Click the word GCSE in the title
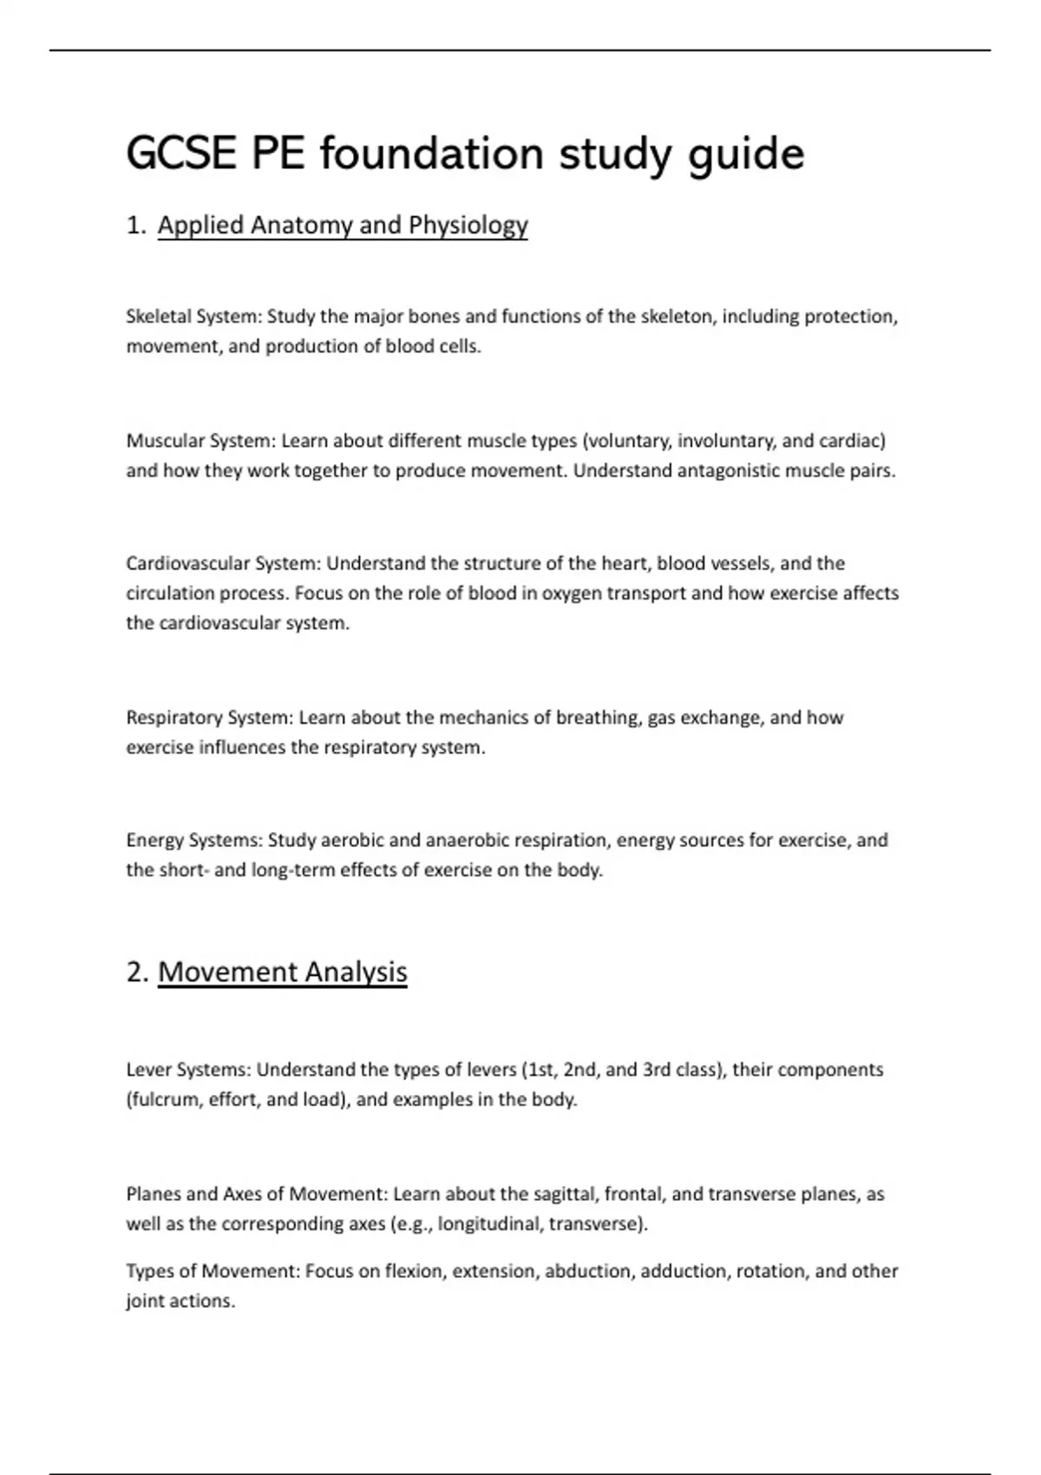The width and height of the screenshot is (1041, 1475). (180, 154)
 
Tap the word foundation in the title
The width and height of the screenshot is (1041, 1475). (431, 154)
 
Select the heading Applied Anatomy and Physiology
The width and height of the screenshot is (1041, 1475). (343, 226)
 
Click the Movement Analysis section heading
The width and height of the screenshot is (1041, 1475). (282, 972)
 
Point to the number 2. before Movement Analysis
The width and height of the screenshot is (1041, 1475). (137, 972)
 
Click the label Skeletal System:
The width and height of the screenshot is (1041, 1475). (193, 317)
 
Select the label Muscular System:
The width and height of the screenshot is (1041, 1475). (200, 441)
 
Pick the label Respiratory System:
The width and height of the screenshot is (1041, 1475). (210, 718)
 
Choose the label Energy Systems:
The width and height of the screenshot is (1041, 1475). (194, 840)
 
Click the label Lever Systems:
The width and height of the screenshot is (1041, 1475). (188, 1070)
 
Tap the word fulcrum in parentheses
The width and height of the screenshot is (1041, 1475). (165, 1099)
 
